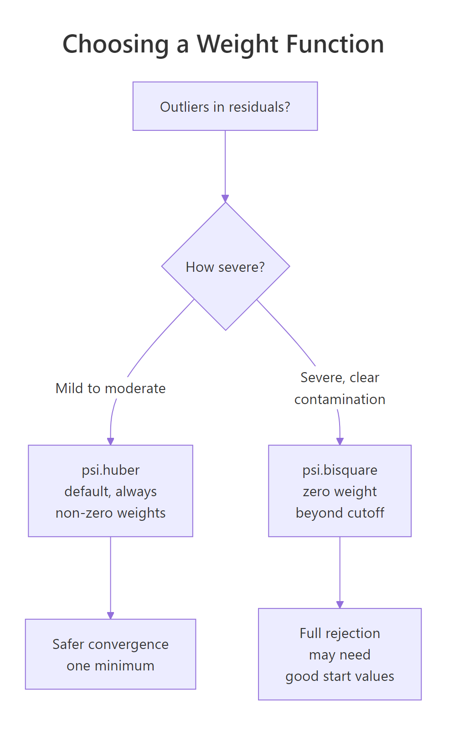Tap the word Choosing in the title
115,45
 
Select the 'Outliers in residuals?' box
225,106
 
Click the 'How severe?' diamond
225,267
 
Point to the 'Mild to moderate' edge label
110,389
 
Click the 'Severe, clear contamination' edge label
340,389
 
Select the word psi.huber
110,470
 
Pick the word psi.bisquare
340,470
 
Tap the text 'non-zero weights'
110,513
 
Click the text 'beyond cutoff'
340,513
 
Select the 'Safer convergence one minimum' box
110,654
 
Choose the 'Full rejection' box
340,654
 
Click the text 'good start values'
340,676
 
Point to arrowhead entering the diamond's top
225,198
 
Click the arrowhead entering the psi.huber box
110,441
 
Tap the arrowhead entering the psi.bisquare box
340,441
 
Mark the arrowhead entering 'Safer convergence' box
110,615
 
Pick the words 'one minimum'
110,666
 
